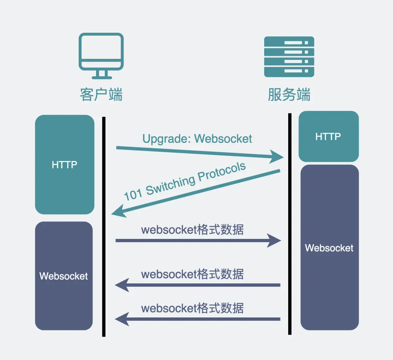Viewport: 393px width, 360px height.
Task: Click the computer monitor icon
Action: tap(101, 55)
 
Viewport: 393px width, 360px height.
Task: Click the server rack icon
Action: tap(289, 56)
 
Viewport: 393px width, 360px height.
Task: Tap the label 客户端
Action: tap(101, 95)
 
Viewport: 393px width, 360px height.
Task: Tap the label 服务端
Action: tap(289, 95)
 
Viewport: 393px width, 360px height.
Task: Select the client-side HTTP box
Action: tap(64, 165)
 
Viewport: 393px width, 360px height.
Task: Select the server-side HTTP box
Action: tap(328, 137)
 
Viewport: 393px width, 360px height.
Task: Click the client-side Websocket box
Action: tap(64, 276)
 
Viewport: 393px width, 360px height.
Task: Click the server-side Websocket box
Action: tap(329, 248)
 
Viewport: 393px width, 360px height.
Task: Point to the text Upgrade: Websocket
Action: tap(197, 139)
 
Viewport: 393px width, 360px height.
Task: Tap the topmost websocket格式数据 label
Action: tap(192, 230)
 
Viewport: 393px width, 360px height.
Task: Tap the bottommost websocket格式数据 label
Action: tap(192, 308)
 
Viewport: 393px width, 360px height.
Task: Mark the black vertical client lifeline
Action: tap(104, 225)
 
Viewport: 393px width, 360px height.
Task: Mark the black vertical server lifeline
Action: tap(290, 224)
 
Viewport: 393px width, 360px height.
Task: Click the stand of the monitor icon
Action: tap(102, 74)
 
